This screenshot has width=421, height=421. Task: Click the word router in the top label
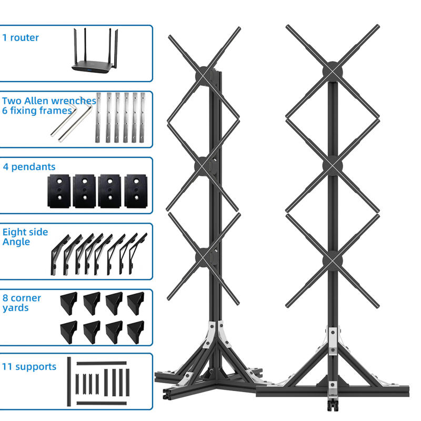(24, 37)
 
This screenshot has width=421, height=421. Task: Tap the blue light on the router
(88, 71)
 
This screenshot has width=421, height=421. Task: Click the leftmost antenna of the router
(75, 46)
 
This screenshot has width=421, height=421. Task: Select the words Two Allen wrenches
(49, 101)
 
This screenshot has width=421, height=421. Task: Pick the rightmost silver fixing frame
(142, 117)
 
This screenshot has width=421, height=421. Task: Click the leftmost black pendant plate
(59, 191)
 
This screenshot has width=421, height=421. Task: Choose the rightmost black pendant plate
(136, 191)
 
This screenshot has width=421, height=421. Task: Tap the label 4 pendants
(29, 167)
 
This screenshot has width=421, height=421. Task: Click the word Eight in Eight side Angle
(14, 232)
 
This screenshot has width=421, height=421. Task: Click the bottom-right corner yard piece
(136, 332)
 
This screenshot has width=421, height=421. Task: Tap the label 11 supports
(29, 366)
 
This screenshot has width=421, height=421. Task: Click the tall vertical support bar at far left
(69, 381)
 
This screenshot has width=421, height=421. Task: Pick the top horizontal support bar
(102, 363)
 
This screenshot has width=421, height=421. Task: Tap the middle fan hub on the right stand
(333, 166)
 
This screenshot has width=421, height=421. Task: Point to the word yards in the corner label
(15, 308)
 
